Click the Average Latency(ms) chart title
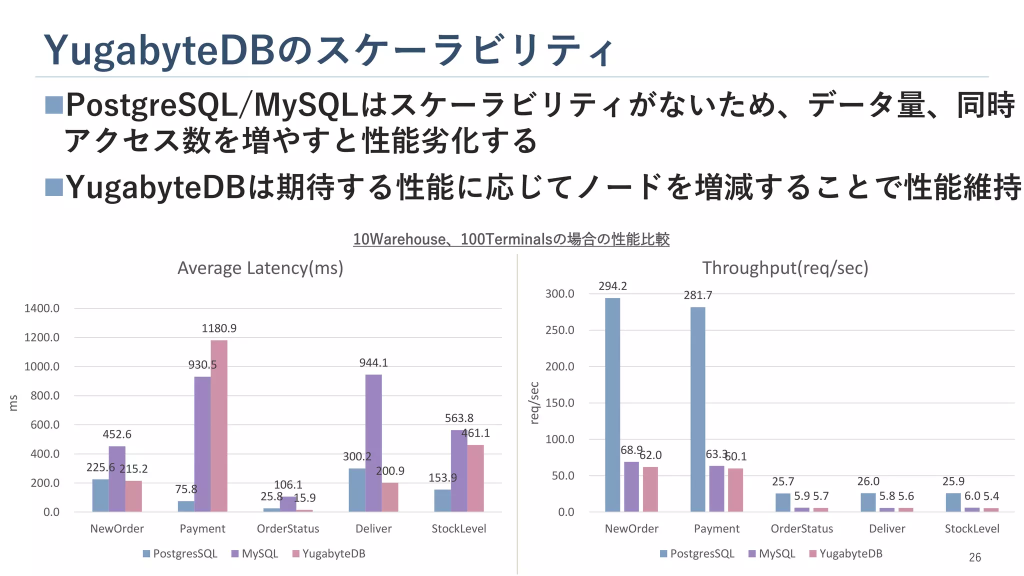[260, 268]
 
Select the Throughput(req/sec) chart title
[785, 268]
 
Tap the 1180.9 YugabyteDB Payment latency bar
[219, 425]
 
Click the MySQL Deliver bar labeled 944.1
[373, 442]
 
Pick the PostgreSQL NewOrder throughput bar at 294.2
[612, 405]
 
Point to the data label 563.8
[459, 418]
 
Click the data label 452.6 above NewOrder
[117, 434]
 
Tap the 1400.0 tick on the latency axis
[41, 308]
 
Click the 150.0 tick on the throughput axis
[559, 403]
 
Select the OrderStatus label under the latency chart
[287, 529]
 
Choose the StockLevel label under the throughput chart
[971, 529]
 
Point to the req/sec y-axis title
[534, 403]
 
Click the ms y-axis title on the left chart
[13, 403]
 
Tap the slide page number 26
[974, 557]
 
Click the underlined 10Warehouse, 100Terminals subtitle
[511, 239]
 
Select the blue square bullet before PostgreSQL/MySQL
[54, 105]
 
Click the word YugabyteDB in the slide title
[159, 51]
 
